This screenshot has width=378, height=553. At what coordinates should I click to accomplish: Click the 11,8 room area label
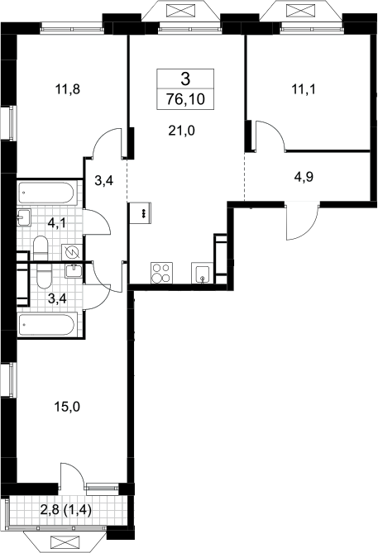coord(68,89)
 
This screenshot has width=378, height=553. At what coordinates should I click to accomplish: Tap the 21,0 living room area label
coord(182,131)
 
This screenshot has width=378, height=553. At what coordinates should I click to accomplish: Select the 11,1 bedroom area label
coord(304,89)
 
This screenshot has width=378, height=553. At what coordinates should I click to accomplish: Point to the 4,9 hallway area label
coord(304,177)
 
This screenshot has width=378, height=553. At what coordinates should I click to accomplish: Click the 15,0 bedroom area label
coord(67,408)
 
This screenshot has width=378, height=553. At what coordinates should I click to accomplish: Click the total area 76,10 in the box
coord(185,99)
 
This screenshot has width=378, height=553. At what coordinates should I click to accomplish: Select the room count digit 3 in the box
coord(185,79)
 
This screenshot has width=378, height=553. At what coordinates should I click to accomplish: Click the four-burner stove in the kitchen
coord(161,273)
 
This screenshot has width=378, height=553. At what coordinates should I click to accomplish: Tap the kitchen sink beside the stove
coord(203,273)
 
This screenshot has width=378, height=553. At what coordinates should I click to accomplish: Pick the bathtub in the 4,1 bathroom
coord(45,193)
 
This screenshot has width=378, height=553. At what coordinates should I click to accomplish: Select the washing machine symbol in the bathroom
coord(72,253)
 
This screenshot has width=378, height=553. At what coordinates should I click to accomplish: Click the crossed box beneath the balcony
coord(64,541)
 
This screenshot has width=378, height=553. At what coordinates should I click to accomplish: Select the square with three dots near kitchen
coord(140,212)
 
